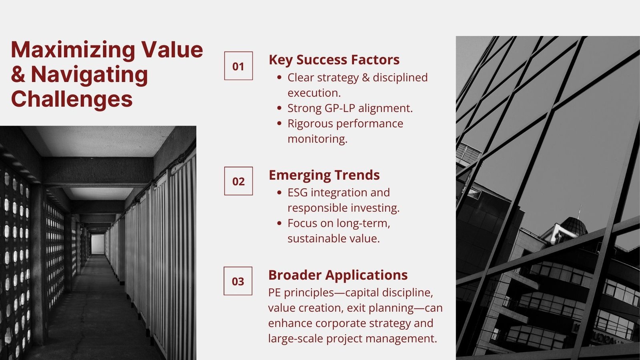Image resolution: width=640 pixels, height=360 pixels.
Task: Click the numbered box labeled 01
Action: pyautogui.click(x=238, y=66)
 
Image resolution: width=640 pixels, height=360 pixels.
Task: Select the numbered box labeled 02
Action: pyautogui.click(x=238, y=181)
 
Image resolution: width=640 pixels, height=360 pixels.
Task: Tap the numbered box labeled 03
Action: pyautogui.click(x=238, y=281)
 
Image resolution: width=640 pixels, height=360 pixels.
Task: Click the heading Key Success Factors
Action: pyautogui.click(x=334, y=60)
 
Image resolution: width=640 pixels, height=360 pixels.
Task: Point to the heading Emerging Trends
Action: pyautogui.click(x=324, y=175)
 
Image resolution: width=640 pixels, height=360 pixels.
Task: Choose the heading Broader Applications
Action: pyautogui.click(x=338, y=275)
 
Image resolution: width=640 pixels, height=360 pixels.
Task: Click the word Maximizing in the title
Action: pyautogui.click(x=73, y=50)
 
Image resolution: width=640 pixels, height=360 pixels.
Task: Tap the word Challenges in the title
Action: pyautogui.click(x=72, y=99)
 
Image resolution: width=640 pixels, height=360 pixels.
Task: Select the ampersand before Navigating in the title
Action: pyautogui.click(x=18, y=74)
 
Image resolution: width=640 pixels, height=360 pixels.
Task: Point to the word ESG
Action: pyautogui.click(x=298, y=192)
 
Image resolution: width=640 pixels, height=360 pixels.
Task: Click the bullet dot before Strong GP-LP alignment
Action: pyautogui.click(x=280, y=108)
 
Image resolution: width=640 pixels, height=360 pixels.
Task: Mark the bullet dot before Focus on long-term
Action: pyautogui.click(x=280, y=223)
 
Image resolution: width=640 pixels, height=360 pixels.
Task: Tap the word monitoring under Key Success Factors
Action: pyautogui.click(x=318, y=139)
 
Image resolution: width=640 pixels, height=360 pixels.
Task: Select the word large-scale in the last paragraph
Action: pyautogui.click(x=296, y=339)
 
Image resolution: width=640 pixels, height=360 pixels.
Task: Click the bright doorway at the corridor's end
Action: pyautogui.click(x=98, y=244)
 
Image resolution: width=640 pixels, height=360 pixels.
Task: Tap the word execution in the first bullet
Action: pyautogui.click(x=314, y=93)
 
